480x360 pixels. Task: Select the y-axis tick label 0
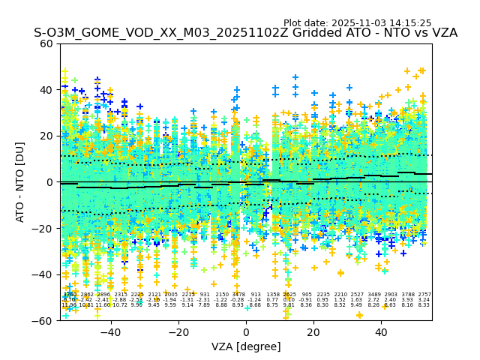(51, 182)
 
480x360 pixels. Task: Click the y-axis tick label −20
(45, 228)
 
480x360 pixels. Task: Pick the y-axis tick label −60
(45, 320)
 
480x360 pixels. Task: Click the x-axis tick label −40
(110, 331)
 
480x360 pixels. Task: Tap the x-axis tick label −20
(178, 331)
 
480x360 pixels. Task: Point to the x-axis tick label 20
(313, 331)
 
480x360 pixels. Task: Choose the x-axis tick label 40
(381, 331)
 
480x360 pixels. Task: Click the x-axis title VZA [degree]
(246, 346)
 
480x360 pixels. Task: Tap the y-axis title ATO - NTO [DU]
(21, 182)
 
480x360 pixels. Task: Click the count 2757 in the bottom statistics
(424, 295)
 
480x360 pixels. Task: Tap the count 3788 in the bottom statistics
(408, 295)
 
